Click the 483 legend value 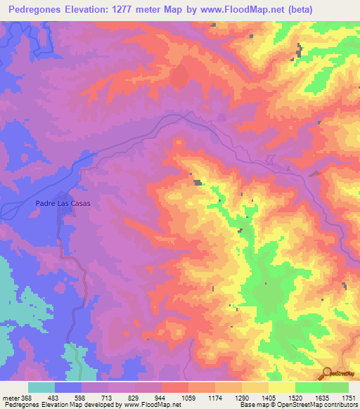point(56,397)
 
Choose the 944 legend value point(162,397)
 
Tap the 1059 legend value point(188,397)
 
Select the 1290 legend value point(241,397)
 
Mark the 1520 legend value point(295,397)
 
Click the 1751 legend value point(348,397)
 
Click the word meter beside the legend point(10,397)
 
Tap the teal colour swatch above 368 point(41,387)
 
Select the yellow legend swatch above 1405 point(282,387)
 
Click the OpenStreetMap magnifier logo point(327,372)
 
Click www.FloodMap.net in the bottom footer point(150,405)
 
